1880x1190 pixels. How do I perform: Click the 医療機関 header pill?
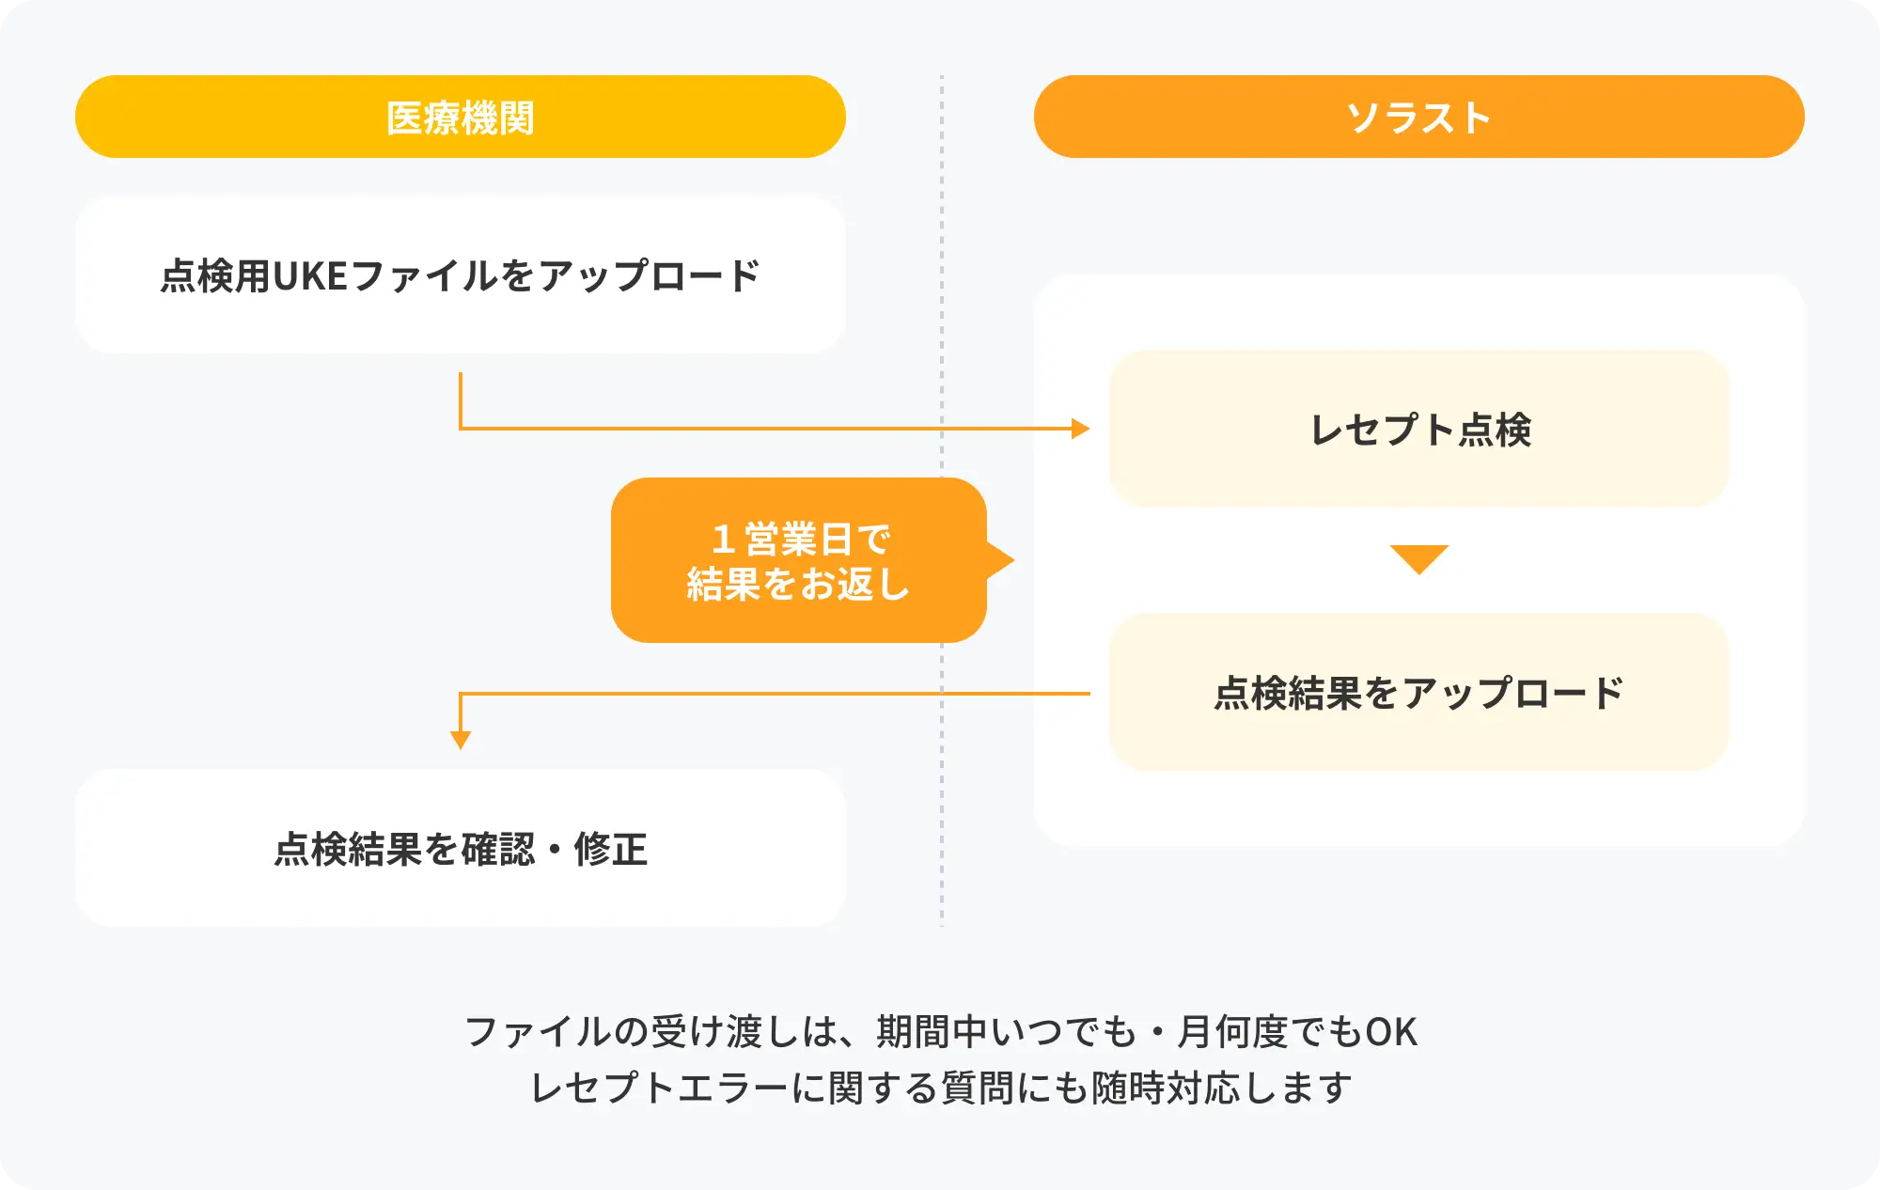(x=461, y=117)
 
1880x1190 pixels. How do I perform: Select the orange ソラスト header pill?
(x=1419, y=117)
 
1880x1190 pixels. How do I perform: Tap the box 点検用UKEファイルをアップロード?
(x=461, y=274)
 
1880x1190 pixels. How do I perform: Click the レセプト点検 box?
(x=1419, y=429)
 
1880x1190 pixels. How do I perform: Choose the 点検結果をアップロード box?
(x=1419, y=692)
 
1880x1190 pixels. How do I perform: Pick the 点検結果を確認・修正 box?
(x=461, y=848)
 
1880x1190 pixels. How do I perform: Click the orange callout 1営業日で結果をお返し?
(x=799, y=560)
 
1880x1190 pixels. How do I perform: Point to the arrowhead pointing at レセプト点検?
(x=1081, y=429)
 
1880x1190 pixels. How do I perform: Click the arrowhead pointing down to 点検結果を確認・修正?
(x=461, y=741)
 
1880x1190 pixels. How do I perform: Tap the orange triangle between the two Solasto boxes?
(x=1419, y=559)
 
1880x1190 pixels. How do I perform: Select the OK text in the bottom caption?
(x=1390, y=1032)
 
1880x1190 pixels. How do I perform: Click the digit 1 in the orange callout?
(x=723, y=540)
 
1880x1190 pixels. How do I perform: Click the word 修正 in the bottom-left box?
(x=611, y=849)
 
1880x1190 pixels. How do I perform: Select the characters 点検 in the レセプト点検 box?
(x=1495, y=430)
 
